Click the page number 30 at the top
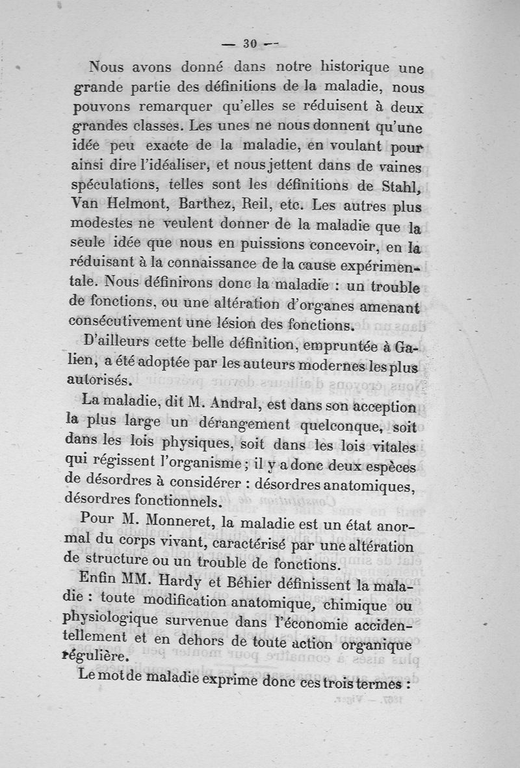[x=250, y=44]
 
